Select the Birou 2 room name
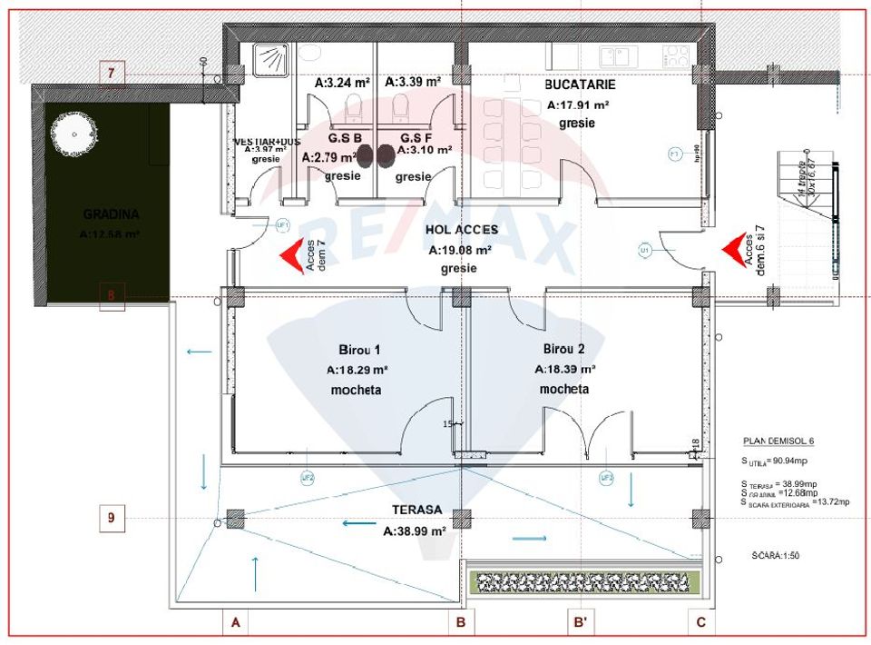click(564, 350)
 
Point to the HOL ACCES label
click(461, 230)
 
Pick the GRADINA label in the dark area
click(111, 215)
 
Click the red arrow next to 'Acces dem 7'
click(291, 255)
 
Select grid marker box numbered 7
click(112, 73)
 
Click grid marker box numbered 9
click(112, 518)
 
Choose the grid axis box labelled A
click(235, 622)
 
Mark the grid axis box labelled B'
click(580, 622)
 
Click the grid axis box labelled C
click(700, 622)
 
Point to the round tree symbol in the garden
click(73, 134)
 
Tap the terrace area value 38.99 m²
click(414, 531)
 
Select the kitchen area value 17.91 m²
click(578, 105)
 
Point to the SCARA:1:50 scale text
click(777, 554)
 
